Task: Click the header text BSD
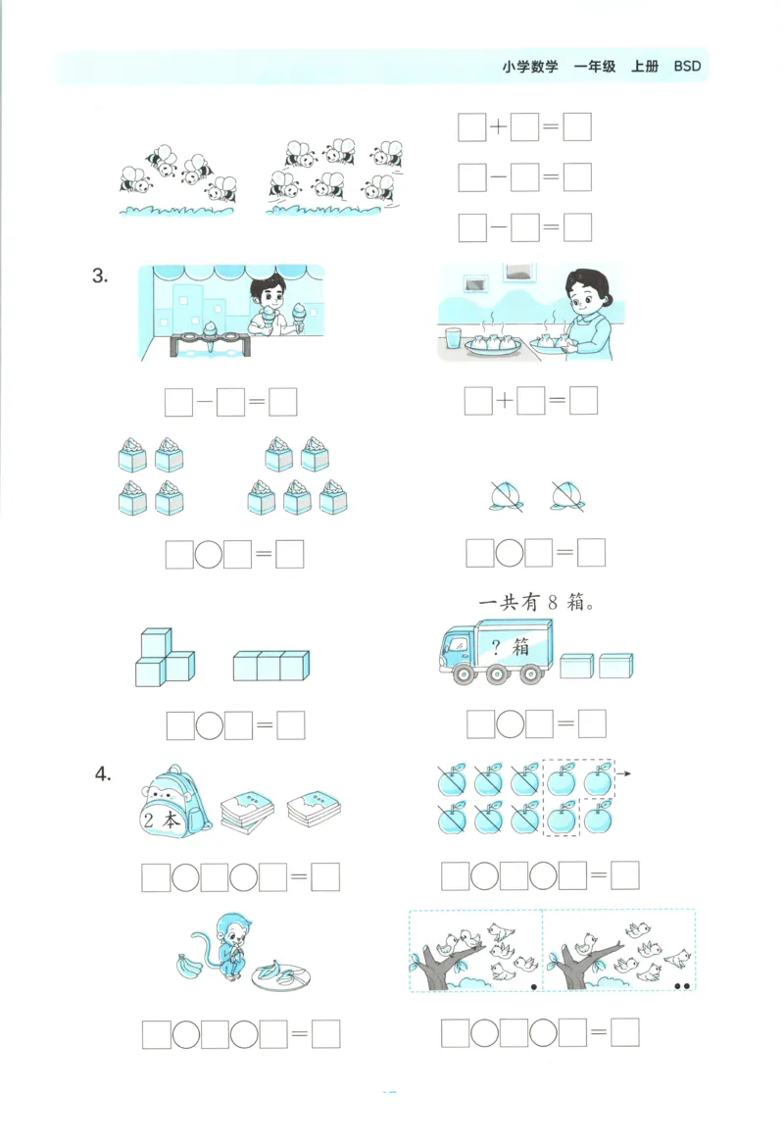(687, 67)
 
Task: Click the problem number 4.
(103, 774)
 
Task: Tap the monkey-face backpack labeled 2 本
(173, 803)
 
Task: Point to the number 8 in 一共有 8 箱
(552, 603)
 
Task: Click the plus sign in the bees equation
(499, 127)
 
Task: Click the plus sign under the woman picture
(505, 401)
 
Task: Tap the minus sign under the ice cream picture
(204, 402)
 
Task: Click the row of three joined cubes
(271, 666)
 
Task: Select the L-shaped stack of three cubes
(163, 659)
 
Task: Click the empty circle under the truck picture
(510, 723)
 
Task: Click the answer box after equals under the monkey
(325, 1033)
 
